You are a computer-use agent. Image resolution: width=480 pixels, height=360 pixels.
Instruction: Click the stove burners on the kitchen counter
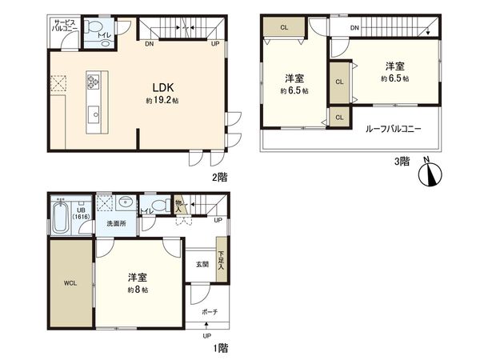click(94, 81)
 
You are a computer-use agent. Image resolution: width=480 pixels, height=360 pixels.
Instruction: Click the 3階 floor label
click(402, 161)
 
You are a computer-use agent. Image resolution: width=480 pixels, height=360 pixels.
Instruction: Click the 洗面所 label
click(118, 224)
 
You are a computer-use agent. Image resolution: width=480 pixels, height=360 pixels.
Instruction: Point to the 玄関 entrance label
click(201, 264)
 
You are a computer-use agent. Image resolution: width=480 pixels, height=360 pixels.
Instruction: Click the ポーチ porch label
click(209, 310)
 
